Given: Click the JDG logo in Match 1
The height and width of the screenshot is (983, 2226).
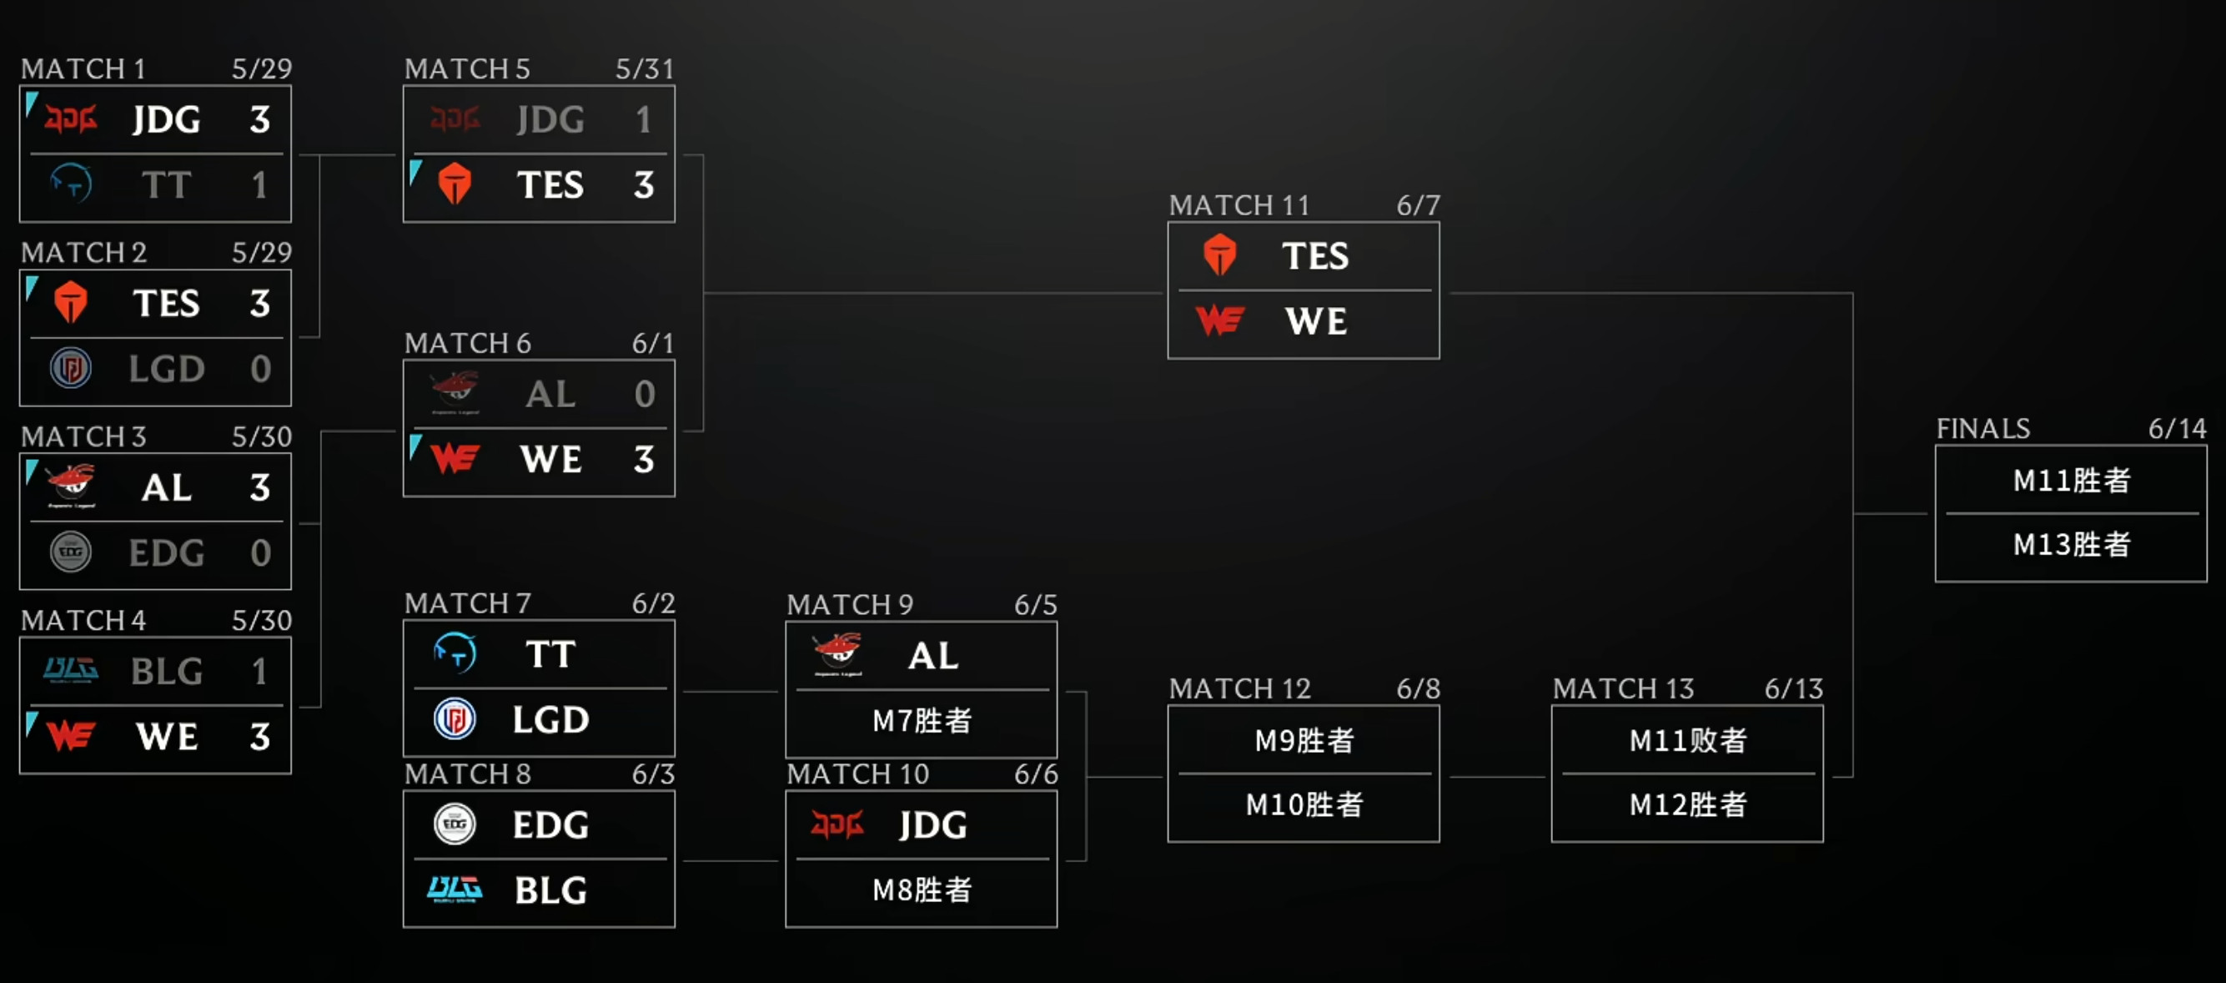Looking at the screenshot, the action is [x=71, y=119].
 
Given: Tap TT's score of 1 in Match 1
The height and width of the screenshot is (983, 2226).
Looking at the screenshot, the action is [x=259, y=185].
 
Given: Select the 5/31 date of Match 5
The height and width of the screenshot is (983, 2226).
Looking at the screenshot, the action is [x=644, y=69].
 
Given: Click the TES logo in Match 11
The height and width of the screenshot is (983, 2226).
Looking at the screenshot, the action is [x=1219, y=255].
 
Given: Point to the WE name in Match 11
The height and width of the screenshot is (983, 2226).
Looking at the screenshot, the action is [x=1316, y=321].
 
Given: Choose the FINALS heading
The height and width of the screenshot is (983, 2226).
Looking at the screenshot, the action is [x=1982, y=429].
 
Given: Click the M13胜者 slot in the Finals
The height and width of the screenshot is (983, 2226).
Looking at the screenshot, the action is [x=2072, y=545].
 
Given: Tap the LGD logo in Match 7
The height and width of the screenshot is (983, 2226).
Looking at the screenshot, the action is [x=455, y=718].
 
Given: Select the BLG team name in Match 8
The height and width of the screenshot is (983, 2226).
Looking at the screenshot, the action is [x=550, y=890].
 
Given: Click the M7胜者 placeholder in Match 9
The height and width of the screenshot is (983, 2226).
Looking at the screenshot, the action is [x=922, y=720].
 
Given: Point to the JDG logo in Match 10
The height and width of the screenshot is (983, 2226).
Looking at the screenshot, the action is [x=837, y=824].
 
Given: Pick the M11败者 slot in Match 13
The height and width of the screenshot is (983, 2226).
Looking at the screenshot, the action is [x=1688, y=740].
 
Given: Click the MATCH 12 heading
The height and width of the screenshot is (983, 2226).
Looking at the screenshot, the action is [x=1239, y=689].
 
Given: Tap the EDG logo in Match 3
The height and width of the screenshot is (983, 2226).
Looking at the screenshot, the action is [x=71, y=552].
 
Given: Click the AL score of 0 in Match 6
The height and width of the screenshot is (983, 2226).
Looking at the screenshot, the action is [x=645, y=394].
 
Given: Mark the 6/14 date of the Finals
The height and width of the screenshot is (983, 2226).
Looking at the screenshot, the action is [x=2177, y=429].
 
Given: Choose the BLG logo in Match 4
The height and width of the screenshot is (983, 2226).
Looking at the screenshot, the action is [x=71, y=670].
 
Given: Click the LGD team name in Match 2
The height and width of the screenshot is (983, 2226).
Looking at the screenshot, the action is [x=167, y=369].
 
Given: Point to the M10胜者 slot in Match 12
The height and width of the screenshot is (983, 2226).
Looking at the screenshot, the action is [x=1304, y=805].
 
